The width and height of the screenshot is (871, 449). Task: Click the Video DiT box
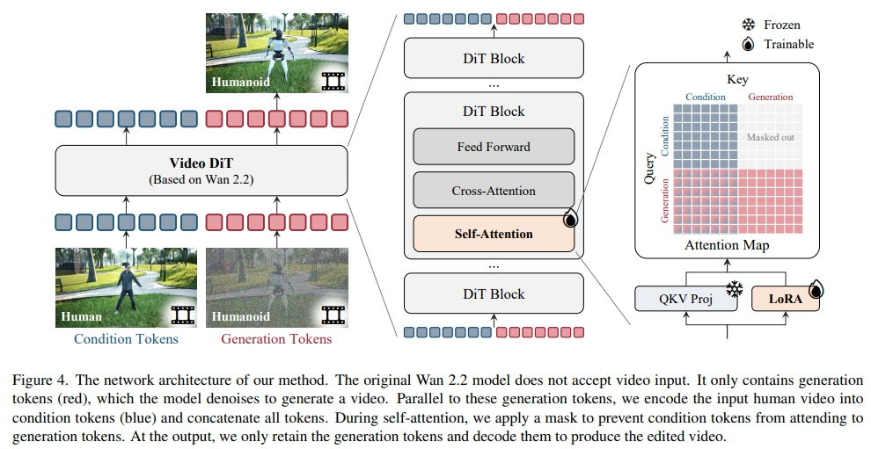click(203, 170)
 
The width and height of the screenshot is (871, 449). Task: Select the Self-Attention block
click(493, 234)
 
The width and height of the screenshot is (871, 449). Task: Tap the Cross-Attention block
click(493, 191)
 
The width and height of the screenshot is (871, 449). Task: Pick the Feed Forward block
click(493, 147)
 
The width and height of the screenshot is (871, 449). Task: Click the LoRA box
click(785, 298)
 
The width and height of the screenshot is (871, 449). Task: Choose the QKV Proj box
click(685, 298)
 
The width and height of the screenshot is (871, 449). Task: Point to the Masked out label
click(769, 138)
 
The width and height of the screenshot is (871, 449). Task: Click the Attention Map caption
click(727, 246)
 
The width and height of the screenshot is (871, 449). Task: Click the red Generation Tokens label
click(276, 339)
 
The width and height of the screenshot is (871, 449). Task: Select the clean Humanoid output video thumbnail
click(277, 53)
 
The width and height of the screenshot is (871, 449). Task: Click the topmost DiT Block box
click(493, 59)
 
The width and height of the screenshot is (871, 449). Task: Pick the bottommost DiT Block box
click(493, 294)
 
